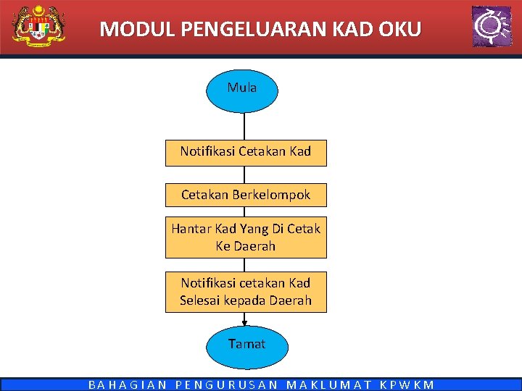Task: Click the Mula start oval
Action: click(x=242, y=88)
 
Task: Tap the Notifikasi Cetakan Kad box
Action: click(x=246, y=152)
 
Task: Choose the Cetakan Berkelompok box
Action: click(x=246, y=195)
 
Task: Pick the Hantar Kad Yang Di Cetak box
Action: click(x=246, y=237)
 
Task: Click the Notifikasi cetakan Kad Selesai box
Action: click(x=246, y=292)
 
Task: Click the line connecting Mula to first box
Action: click(x=244, y=126)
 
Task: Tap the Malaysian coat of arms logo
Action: click(x=38, y=26)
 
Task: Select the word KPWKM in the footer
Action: click(x=407, y=385)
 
